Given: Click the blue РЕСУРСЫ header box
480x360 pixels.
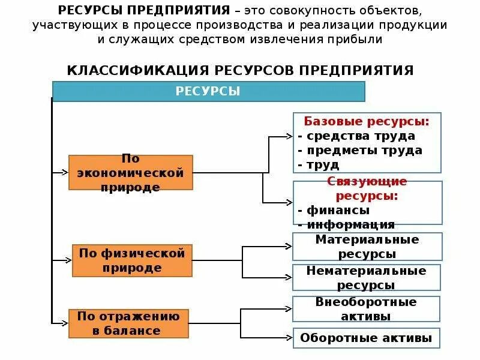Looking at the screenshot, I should tap(208, 91).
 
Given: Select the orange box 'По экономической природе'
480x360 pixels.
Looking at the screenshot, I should tap(131, 173).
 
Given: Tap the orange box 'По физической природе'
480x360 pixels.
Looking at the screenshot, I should tap(132, 260).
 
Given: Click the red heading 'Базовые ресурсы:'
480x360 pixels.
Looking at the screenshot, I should tap(367, 121).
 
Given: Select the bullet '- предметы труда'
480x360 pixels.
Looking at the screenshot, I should tap(360, 150).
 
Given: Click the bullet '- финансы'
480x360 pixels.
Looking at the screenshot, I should tap(334, 211).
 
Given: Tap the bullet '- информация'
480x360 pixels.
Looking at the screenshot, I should tap(346, 225).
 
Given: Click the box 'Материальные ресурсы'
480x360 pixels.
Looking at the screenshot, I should tap(367, 247).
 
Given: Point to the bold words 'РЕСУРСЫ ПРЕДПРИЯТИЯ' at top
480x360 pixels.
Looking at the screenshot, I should tap(145, 11).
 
